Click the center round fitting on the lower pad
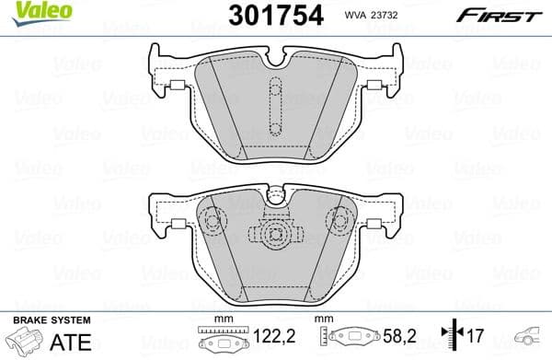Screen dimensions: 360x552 click(274, 229)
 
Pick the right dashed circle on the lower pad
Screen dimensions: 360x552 click(340, 221)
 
